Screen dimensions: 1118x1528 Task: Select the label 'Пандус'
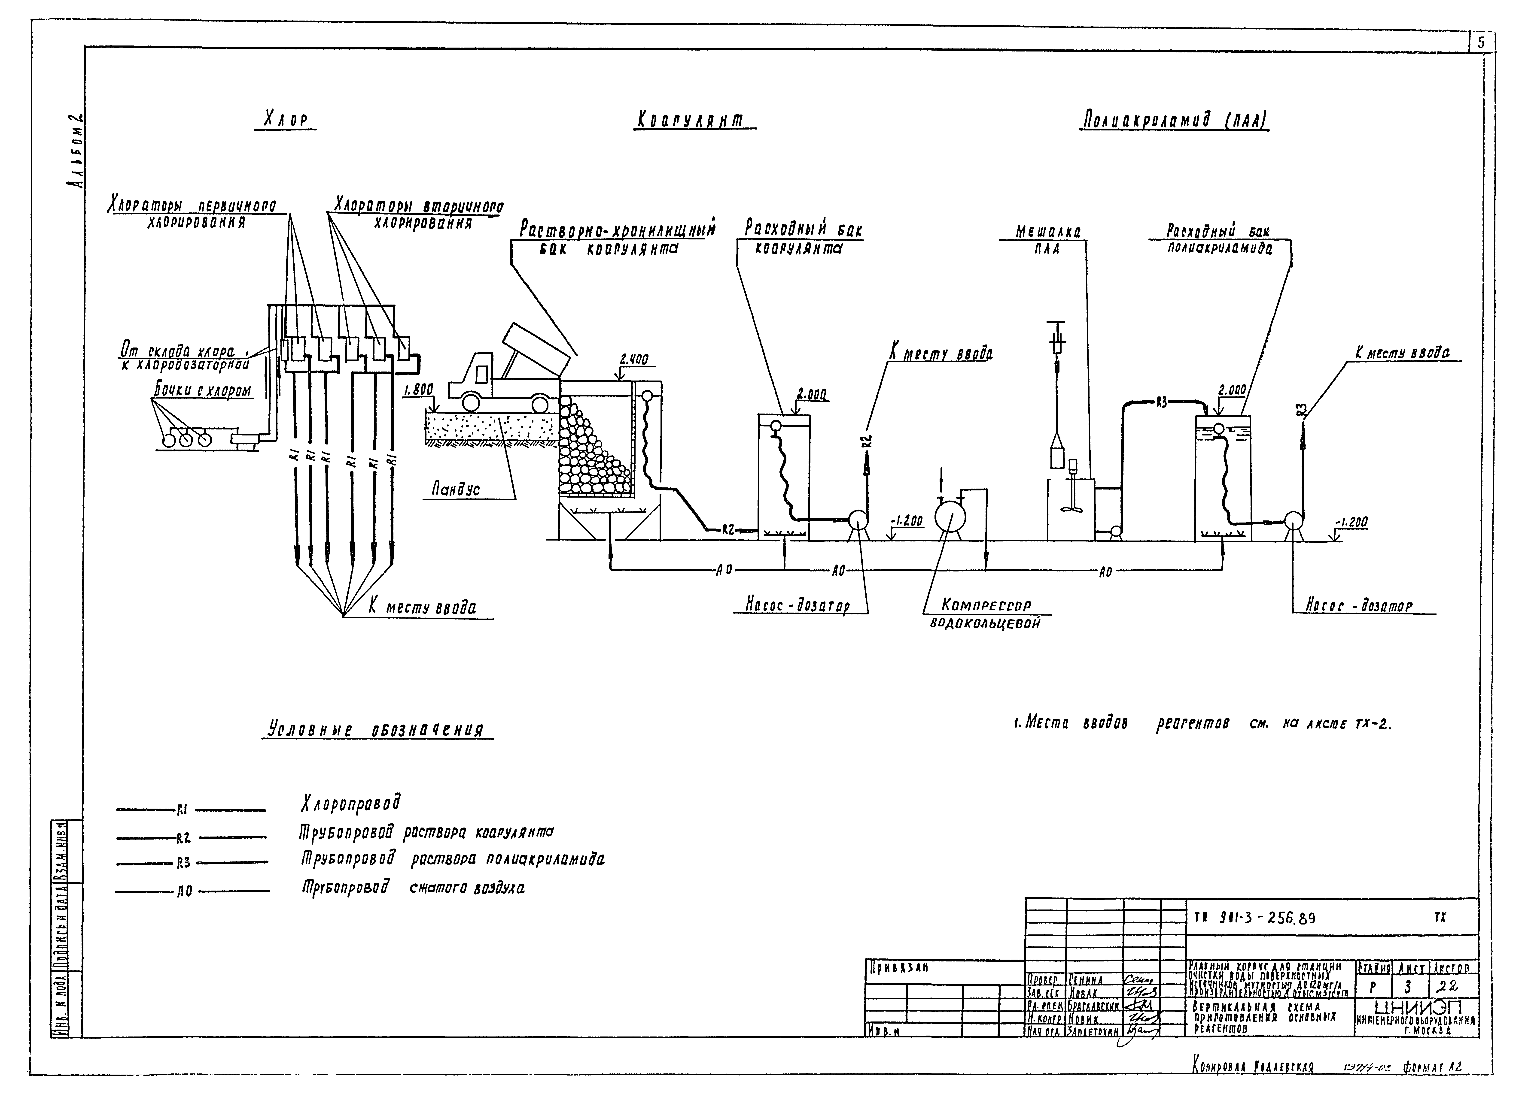click(456, 489)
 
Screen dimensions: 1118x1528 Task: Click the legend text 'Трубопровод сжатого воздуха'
click(413, 887)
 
